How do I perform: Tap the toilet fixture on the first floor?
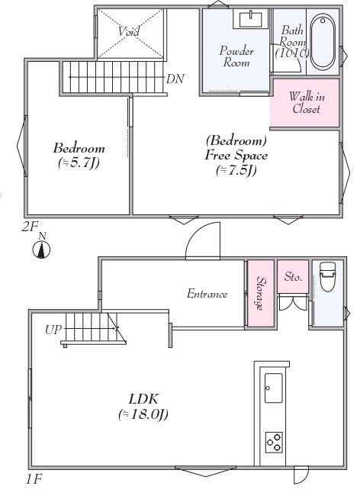tap(327, 276)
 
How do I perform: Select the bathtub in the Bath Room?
tap(323, 43)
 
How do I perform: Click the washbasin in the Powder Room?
tap(251, 19)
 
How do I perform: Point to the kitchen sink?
tap(274, 388)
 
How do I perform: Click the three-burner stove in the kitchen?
tap(274, 442)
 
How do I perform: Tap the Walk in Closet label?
tap(307, 102)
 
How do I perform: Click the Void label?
tap(129, 31)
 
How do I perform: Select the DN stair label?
tap(175, 79)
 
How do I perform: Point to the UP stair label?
tap(53, 330)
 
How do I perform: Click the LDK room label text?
tap(143, 399)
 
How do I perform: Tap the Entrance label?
tap(207, 294)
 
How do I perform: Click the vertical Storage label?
tap(262, 294)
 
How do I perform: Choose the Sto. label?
tap(293, 276)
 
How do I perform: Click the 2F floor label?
tap(30, 227)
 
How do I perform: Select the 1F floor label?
tap(34, 479)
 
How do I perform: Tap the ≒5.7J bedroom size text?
tap(79, 163)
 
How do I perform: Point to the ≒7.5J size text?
tap(236, 171)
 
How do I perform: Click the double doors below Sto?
tap(293, 303)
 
